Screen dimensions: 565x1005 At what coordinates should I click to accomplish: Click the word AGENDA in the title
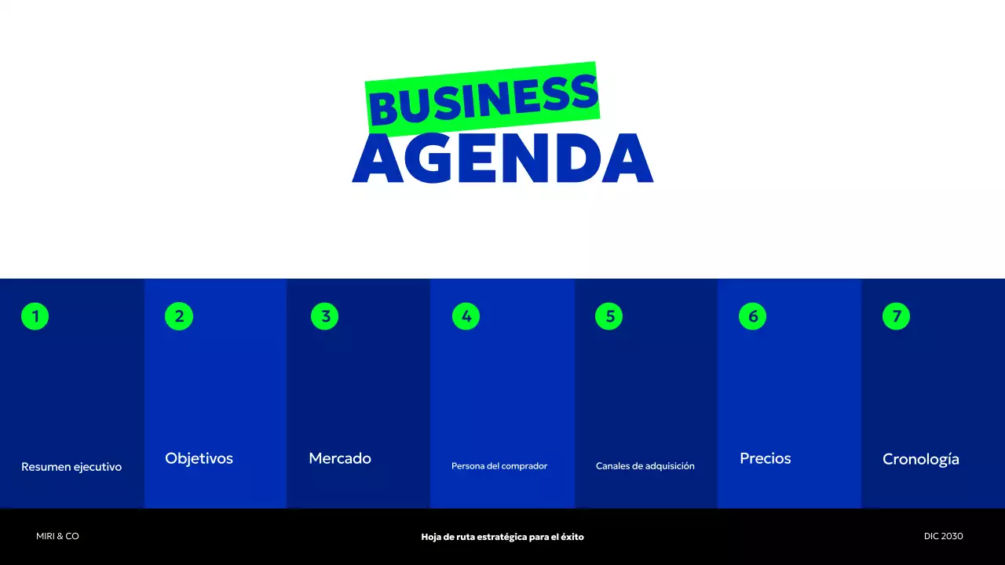tap(502, 159)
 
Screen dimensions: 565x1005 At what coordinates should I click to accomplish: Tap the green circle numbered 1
tap(35, 316)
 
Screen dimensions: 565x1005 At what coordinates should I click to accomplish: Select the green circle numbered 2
tap(179, 316)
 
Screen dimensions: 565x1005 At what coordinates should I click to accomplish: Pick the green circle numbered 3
tap(324, 316)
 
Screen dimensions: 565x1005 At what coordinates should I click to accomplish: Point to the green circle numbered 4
tap(466, 316)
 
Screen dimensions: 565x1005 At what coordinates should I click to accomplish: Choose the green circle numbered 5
tap(609, 316)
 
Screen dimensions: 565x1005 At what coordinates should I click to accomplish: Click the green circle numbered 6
tap(752, 316)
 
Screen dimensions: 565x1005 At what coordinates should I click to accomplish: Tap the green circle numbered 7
tap(896, 316)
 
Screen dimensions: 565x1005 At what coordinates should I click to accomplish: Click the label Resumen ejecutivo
tap(71, 467)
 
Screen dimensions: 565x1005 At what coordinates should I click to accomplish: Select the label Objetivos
tap(199, 458)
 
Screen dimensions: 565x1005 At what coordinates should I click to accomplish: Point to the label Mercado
tap(340, 458)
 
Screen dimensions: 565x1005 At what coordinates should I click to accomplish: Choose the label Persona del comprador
tap(499, 466)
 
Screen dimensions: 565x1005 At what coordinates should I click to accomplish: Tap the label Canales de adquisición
tap(645, 466)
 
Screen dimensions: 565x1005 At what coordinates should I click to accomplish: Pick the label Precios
tap(766, 458)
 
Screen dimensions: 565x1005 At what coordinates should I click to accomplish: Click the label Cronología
tap(921, 459)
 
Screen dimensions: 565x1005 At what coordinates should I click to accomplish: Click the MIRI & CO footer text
tap(57, 536)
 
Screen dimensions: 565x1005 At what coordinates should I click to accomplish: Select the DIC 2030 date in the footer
tap(943, 536)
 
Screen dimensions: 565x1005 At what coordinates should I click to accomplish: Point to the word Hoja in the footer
tap(431, 537)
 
